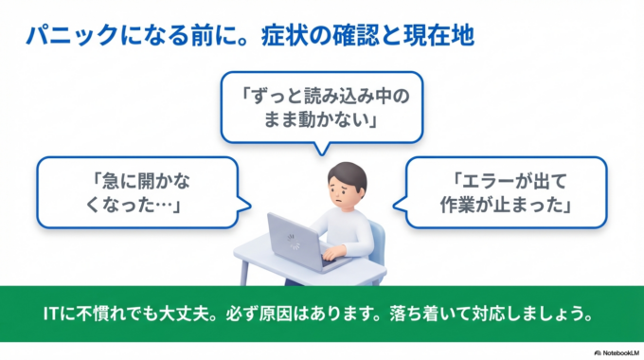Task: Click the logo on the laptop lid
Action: coord(293,238)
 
